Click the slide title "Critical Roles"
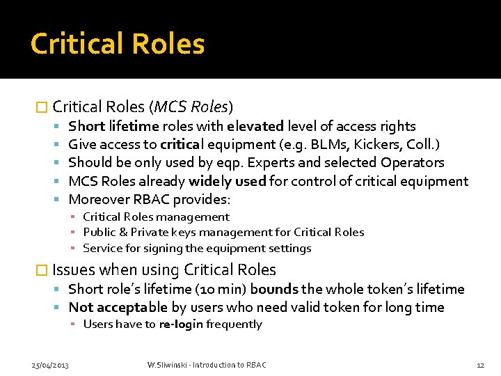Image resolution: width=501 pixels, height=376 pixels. (118, 44)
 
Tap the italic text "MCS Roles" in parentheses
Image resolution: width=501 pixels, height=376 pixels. (191, 107)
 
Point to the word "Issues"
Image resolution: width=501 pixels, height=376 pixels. (73, 270)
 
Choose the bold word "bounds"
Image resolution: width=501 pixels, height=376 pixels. (273, 289)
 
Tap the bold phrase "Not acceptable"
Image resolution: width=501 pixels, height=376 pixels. (118, 307)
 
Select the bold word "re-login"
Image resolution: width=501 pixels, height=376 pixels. (181, 324)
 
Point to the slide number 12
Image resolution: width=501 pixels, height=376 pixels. (480, 365)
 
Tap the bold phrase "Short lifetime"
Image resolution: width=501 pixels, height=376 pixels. (113, 126)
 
